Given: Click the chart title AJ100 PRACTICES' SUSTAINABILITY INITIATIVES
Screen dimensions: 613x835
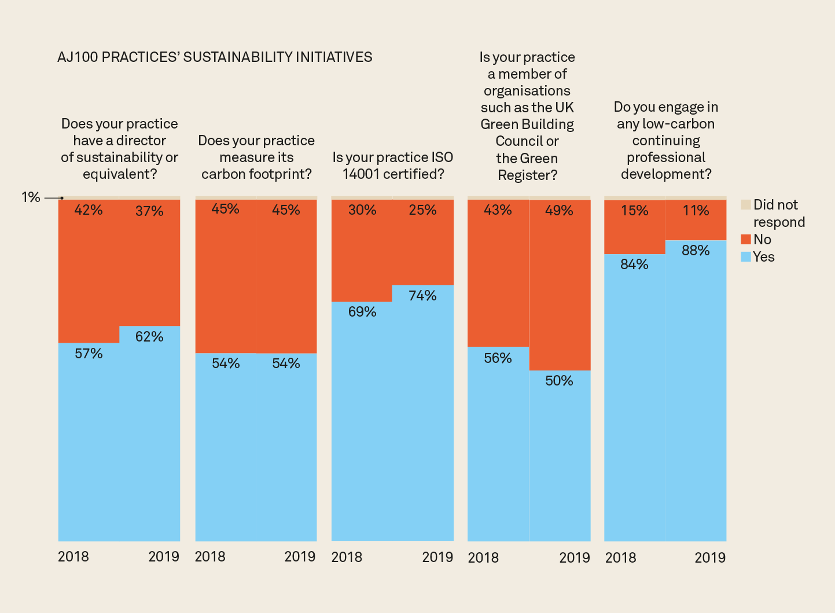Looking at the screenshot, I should pyautogui.click(x=215, y=57).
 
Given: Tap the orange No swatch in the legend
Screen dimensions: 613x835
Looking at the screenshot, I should pyautogui.click(x=746, y=240).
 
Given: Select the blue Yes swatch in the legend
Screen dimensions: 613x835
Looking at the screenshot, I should pyautogui.click(x=746, y=257).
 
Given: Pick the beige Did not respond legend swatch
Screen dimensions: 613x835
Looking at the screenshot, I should pyautogui.click(x=746, y=205).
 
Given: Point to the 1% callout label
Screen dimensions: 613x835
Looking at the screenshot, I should pyautogui.click(x=31, y=197).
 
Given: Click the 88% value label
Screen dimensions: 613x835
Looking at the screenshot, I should pyautogui.click(x=696, y=251).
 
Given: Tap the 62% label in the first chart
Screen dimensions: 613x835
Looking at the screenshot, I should pyautogui.click(x=149, y=337).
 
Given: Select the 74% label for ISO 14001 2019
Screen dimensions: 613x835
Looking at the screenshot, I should pyautogui.click(x=422, y=296).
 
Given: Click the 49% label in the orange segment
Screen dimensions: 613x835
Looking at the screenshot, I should pyautogui.click(x=559, y=211).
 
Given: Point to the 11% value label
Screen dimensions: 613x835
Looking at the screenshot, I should pyautogui.click(x=696, y=211).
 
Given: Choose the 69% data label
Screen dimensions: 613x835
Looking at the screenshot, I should pyautogui.click(x=362, y=312).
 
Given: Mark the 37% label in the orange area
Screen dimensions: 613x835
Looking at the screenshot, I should pyautogui.click(x=149, y=211).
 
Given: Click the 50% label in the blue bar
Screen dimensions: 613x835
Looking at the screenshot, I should pyautogui.click(x=559, y=381).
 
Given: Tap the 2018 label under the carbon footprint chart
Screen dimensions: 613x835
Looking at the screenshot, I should pyautogui.click(x=210, y=557).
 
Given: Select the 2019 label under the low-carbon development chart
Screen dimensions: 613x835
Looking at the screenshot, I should pyautogui.click(x=710, y=557).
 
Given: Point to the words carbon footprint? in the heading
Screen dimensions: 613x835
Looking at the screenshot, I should pyautogui.click(x=256, y=174).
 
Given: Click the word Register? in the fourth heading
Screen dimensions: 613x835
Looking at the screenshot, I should pyautogui.click(x=527, y=175).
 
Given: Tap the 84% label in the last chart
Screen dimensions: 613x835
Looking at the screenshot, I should pyautogui.click(x=634, y=265).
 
